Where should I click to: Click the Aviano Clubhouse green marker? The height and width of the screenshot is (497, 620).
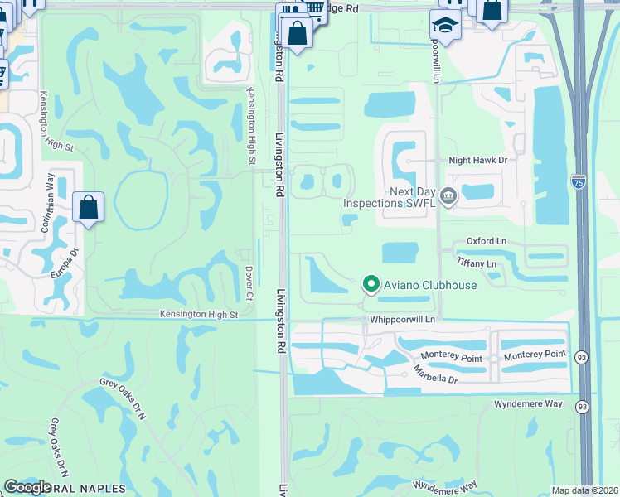coord(371,285)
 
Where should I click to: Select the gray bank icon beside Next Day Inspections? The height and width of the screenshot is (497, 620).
coord(448,196)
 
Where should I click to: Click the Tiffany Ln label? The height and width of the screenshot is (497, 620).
coord(476,263)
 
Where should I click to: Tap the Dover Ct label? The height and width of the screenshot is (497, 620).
coord(249,278)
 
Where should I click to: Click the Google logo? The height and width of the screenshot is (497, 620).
coord(27,487)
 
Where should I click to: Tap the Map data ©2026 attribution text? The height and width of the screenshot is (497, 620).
coord(585,490)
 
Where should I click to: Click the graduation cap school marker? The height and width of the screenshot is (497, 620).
coord(445,26)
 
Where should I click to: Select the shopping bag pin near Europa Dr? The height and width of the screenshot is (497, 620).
coord(88,208)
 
